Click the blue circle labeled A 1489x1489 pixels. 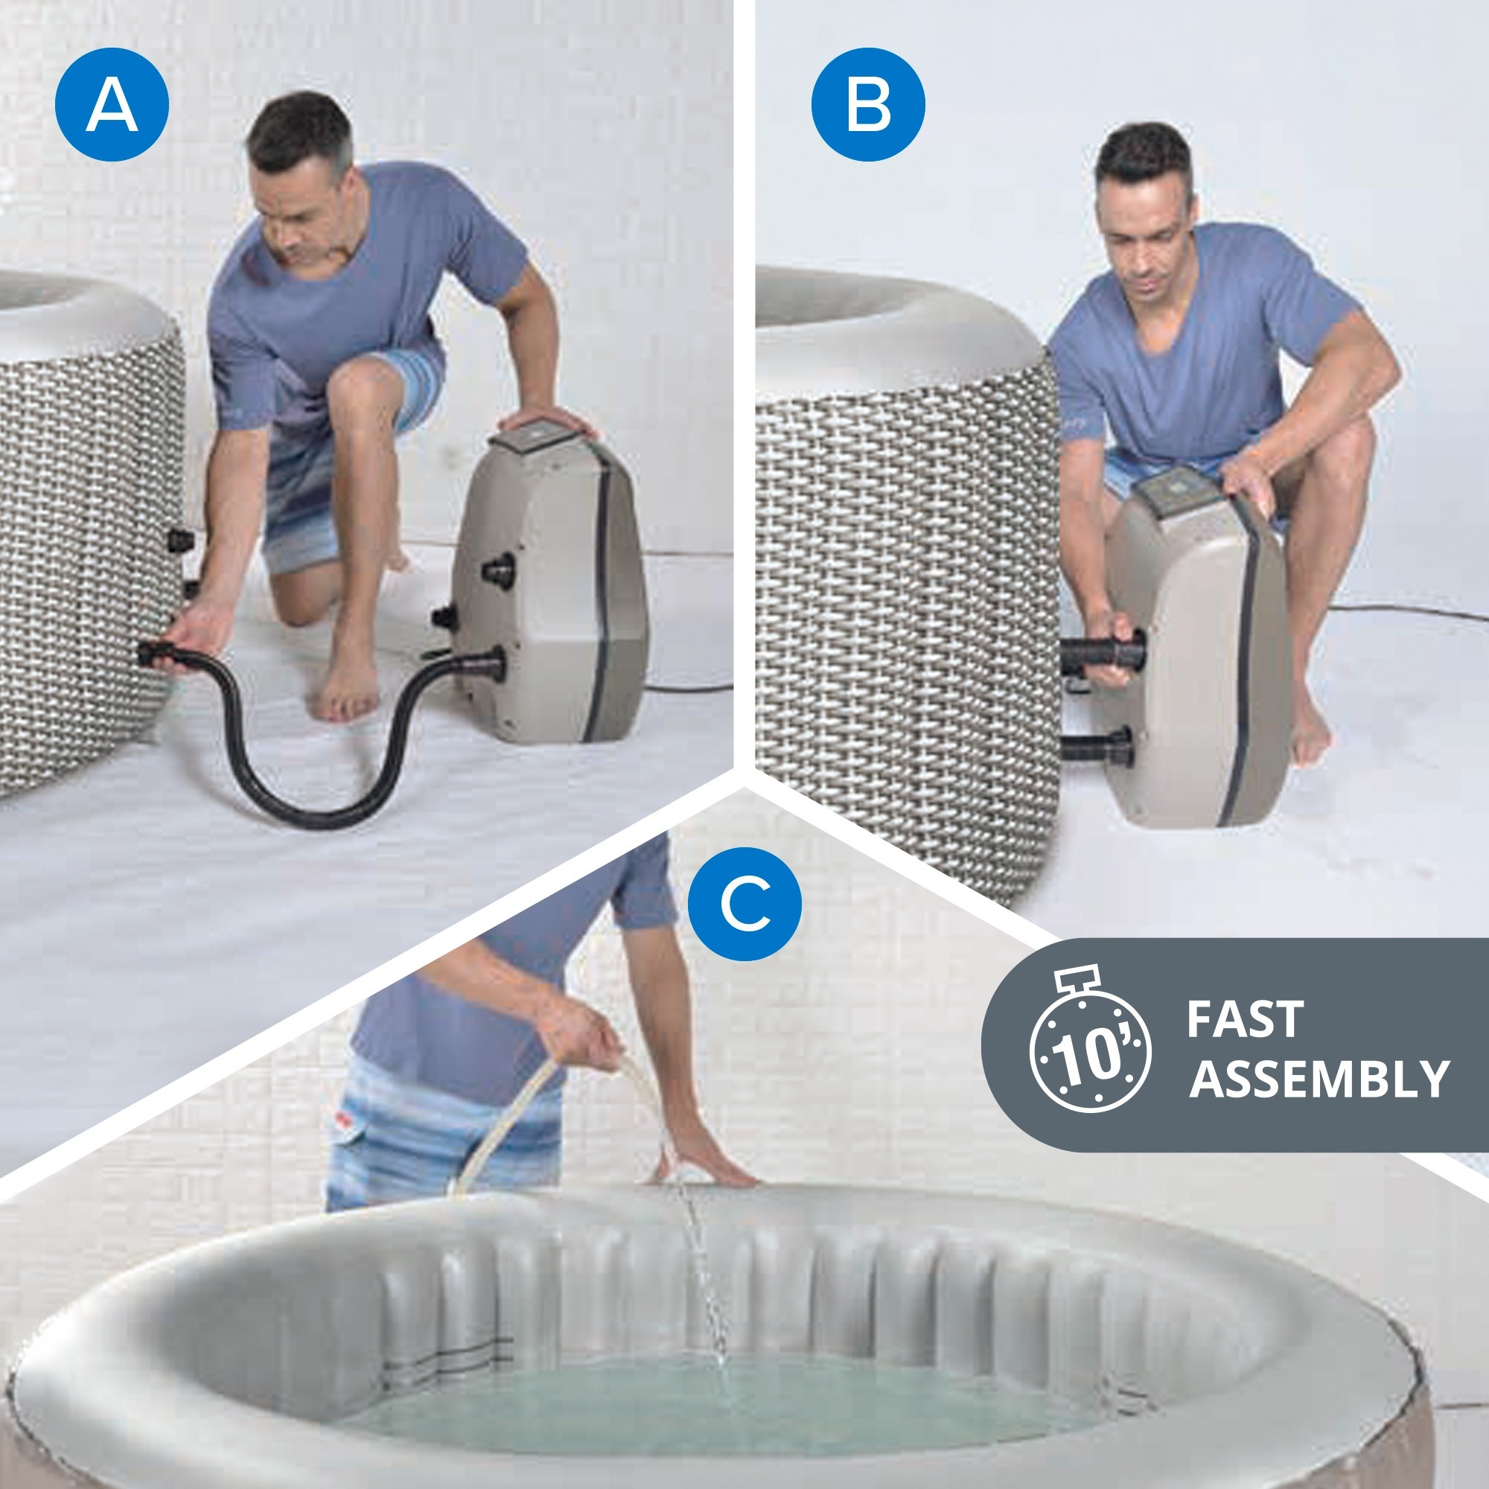click(112, 104)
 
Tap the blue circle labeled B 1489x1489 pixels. click(869, 104)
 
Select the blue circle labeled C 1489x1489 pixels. click(744, 904)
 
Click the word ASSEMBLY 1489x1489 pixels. click(1319, 1079)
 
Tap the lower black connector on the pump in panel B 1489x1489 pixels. click(1098, 745)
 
